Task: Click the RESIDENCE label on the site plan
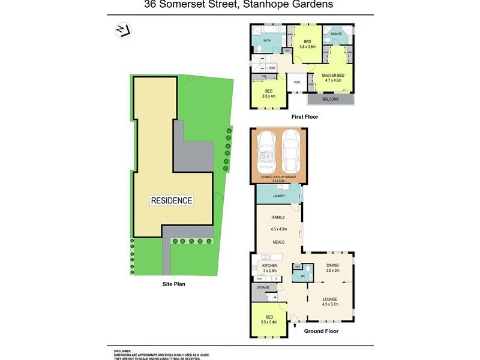(x=172, y=200)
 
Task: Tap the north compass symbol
(x=124, y=30)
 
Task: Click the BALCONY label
(x=331, y=99)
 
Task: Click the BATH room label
(x=267, y=41)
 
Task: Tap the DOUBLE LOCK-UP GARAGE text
(x=278, y=177)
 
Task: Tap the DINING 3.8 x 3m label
(x=332, y=268)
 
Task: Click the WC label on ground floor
(x=304, y=277)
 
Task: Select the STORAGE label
(x=264, y=288)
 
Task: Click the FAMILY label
(x=278, y=218)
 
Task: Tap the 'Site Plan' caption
(x=174, y=284)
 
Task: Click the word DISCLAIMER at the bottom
(x=123, y=350)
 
